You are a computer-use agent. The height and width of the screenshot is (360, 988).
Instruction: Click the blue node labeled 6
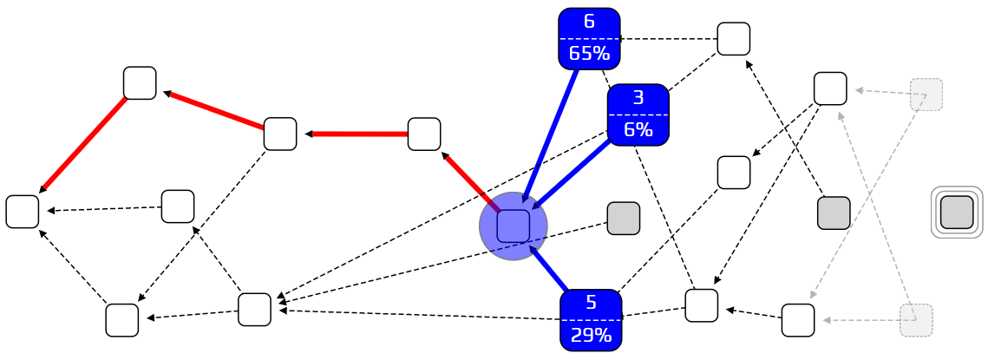pyautogui.click(x=589, y=23)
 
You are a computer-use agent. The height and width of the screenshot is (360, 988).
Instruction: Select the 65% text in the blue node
pyautogui.click(x=589, y=54)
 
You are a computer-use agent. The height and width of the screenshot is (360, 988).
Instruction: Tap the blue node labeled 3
pyautogui.click(x=638, y=99)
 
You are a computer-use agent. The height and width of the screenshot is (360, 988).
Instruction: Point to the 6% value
pyautogui.click(x=638, y=130)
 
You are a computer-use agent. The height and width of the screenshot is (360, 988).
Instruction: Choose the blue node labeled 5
pyautogui.click(x=591, y=304)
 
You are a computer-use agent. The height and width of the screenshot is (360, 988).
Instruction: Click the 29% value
pyautogui.click(x=591, y=336)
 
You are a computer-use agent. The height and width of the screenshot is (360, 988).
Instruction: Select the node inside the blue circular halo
pyautogui.click(x=513, y=226)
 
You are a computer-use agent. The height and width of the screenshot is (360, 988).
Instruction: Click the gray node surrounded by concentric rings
pyautogui.click(x=957, y=213)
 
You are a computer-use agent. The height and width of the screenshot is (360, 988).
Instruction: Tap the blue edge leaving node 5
pyautogui.click(x=548, y=270)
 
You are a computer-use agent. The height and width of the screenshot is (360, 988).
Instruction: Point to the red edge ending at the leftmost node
pyautogui.click(x=83, y=143)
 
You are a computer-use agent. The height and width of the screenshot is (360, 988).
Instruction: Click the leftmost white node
pyautogui.click(x=23, y=212)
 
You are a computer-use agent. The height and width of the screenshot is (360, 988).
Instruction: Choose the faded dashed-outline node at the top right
pyautogui.click(x=926, y=94)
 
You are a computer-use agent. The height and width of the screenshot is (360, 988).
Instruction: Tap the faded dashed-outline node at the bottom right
pyautogui.click(x=915, y=320)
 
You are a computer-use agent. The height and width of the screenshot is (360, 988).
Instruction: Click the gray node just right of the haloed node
pyautogui.click(x=623, y=218)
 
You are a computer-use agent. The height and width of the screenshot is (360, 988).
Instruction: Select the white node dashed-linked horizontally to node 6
pyautogui.click(x=733, y=39)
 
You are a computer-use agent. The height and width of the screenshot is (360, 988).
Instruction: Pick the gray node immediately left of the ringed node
pyautogui.click(x=834, y=213)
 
